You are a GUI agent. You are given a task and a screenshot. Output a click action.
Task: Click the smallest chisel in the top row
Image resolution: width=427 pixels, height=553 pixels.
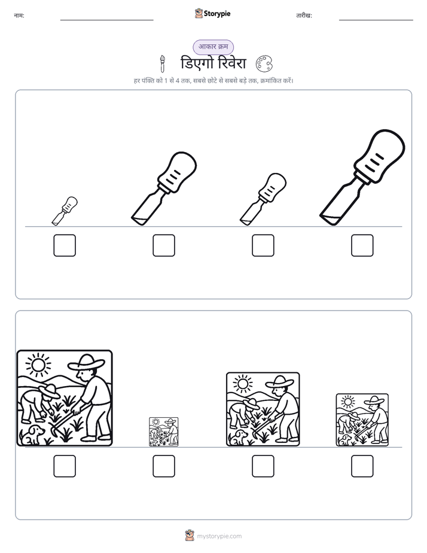pos(65,211)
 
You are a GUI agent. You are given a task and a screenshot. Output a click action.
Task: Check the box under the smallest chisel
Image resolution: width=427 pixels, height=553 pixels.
pos(65,245)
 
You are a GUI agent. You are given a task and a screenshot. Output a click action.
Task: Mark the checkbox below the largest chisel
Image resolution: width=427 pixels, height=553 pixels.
pos(362,245)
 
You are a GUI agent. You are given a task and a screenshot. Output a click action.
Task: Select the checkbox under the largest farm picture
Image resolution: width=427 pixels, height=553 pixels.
pos(65,466)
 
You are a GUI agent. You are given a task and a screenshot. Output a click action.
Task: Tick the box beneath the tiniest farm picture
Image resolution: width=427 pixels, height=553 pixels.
pos(164,466)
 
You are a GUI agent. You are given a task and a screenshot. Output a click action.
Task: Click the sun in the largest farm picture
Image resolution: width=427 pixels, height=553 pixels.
pos(38,364)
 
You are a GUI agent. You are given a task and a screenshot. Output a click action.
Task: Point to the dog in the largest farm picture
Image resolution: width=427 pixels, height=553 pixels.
pos(33,434)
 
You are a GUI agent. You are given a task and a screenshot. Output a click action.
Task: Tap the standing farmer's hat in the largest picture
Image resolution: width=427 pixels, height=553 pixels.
pos(86,363)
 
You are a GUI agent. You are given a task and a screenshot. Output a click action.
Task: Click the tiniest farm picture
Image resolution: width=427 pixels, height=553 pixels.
pos(164,432)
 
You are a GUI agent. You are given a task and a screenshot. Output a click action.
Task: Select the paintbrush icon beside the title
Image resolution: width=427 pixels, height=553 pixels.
pos(162,64)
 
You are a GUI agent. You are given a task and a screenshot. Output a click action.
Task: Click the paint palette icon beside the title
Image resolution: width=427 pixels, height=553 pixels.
pos(264,63)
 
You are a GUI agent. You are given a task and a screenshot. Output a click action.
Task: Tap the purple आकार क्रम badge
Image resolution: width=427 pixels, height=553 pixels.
pos(213,47)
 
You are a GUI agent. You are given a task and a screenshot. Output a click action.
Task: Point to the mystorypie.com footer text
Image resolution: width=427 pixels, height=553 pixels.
pos(219,536)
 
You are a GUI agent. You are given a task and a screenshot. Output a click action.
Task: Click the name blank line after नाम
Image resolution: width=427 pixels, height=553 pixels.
pos(106,20)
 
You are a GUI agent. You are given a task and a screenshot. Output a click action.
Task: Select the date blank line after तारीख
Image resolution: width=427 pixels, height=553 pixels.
pos(376,20)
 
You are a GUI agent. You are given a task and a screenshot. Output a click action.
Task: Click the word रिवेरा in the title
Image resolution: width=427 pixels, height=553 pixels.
pos(232,63)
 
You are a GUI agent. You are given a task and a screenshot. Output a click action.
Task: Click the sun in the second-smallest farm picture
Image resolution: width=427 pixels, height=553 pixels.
pos(348,402)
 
